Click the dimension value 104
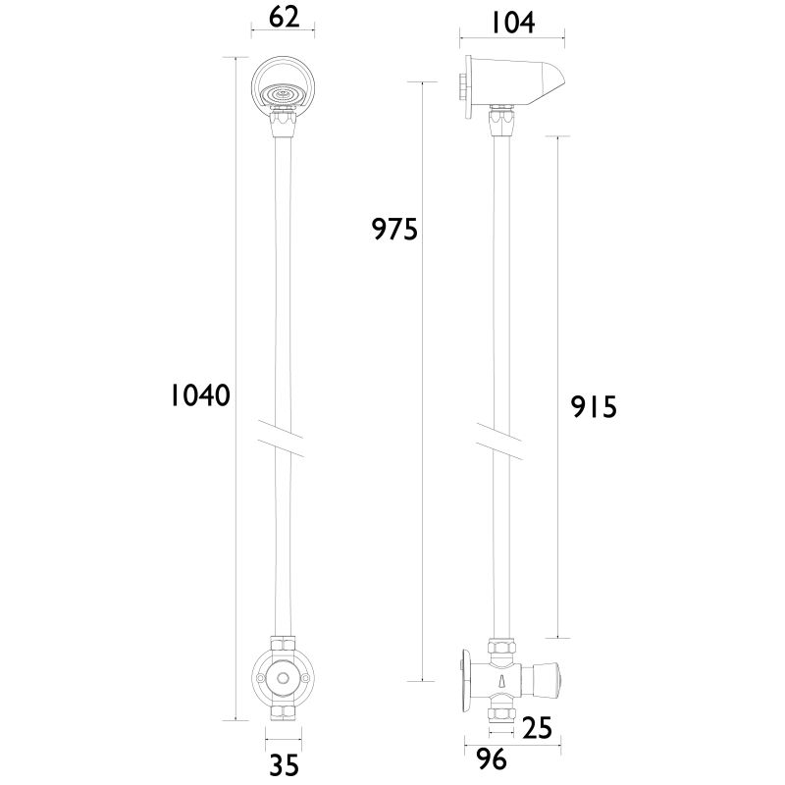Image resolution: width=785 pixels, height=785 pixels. [x=512, y=22]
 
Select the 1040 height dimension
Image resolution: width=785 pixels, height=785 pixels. [x=199, y=395]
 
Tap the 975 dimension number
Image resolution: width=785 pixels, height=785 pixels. [x=394, y=229]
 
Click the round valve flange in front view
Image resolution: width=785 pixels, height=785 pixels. [x=283, y=677]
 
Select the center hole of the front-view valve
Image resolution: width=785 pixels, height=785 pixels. [x=283, y=677]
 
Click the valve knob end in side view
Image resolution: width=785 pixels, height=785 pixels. [x=557, y=677]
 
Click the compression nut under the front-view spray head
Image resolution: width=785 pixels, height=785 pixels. [x=283, y=126]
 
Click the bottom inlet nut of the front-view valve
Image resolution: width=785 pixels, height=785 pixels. [x=283, y=713]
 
